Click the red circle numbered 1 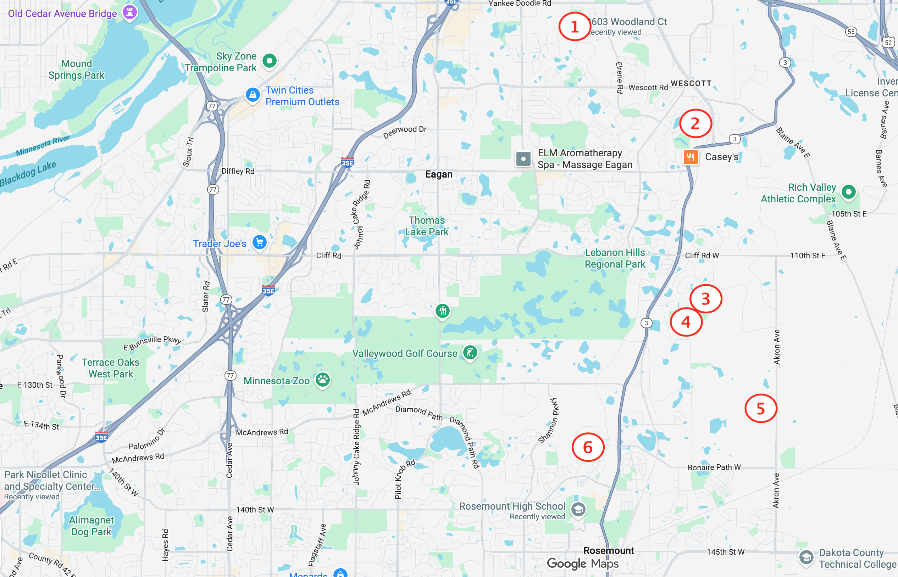pyautogui.click(x=575, y=27)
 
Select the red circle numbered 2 pyautogui.click(x=695, y=124)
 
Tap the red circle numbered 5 pyautogui.click(x=760, y=408)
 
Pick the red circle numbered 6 pyautogui.click(x=588, y=447)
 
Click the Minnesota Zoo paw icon pyautogui.click(x=322, y=380)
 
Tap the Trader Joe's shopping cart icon pyautogui.click(x=260, y=242)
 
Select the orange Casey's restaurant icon pyautogui.click(x=691, y=157)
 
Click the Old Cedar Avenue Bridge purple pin pyautogui.click(x=130, y=12)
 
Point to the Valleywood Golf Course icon pyautogui.click(x=470, y=352)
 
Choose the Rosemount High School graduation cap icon pyautogui.click(x=578, y=509)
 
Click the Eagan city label pyautogui.click(x=439, y=174)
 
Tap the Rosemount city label pyautogui.click(x=609, y=550)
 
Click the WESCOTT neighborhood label pyautogui.click(x=691, y=84)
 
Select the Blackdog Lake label pyautogui.click(x=28, y=173)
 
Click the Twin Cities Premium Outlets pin pyautogui.click(x=253, y=95)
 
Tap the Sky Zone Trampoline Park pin pyautogui.click(x=269, y=61)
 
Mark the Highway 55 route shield pyautogui.click(x=851, y=32)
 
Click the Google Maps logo pyautogui.click(x=582, y=564)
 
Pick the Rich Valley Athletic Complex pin pyautogui.click(x=848, y=192)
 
